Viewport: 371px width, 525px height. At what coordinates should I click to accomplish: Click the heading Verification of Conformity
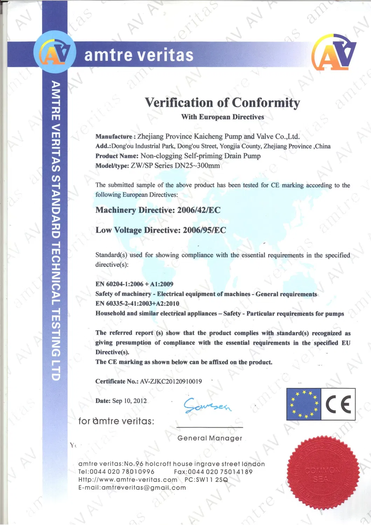click(x=222, y=103)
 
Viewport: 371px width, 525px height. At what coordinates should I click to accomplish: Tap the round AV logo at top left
click(x=55, y=53)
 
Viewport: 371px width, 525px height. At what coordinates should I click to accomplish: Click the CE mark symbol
click(x=338, y=405)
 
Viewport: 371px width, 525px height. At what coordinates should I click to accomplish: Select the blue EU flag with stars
click(x=304, y=405)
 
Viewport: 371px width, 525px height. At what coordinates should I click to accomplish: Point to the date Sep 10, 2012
click(x=129, y=401)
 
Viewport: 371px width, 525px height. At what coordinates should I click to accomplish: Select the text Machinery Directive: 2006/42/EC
click(x=158, y=210)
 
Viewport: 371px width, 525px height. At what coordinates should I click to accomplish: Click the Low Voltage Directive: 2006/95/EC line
click(x=161, y=230)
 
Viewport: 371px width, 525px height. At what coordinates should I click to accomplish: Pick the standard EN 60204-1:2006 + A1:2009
click(x=134, y=284)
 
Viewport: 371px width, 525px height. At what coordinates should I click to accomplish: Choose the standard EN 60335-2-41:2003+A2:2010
click(x=137, y=304)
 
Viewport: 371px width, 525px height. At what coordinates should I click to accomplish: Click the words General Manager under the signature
click(x=210, y=438)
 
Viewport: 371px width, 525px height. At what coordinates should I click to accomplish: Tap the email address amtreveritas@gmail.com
click(x=143, y=488)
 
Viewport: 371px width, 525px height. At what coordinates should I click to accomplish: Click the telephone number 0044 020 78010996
click(x=122, y=472)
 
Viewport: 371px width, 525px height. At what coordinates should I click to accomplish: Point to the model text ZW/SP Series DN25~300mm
click(x=175, y=166)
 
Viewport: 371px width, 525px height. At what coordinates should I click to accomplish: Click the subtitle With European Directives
click(x=222, y=117)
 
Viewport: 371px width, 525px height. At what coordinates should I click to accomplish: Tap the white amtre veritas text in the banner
click(x=139, y=55)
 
